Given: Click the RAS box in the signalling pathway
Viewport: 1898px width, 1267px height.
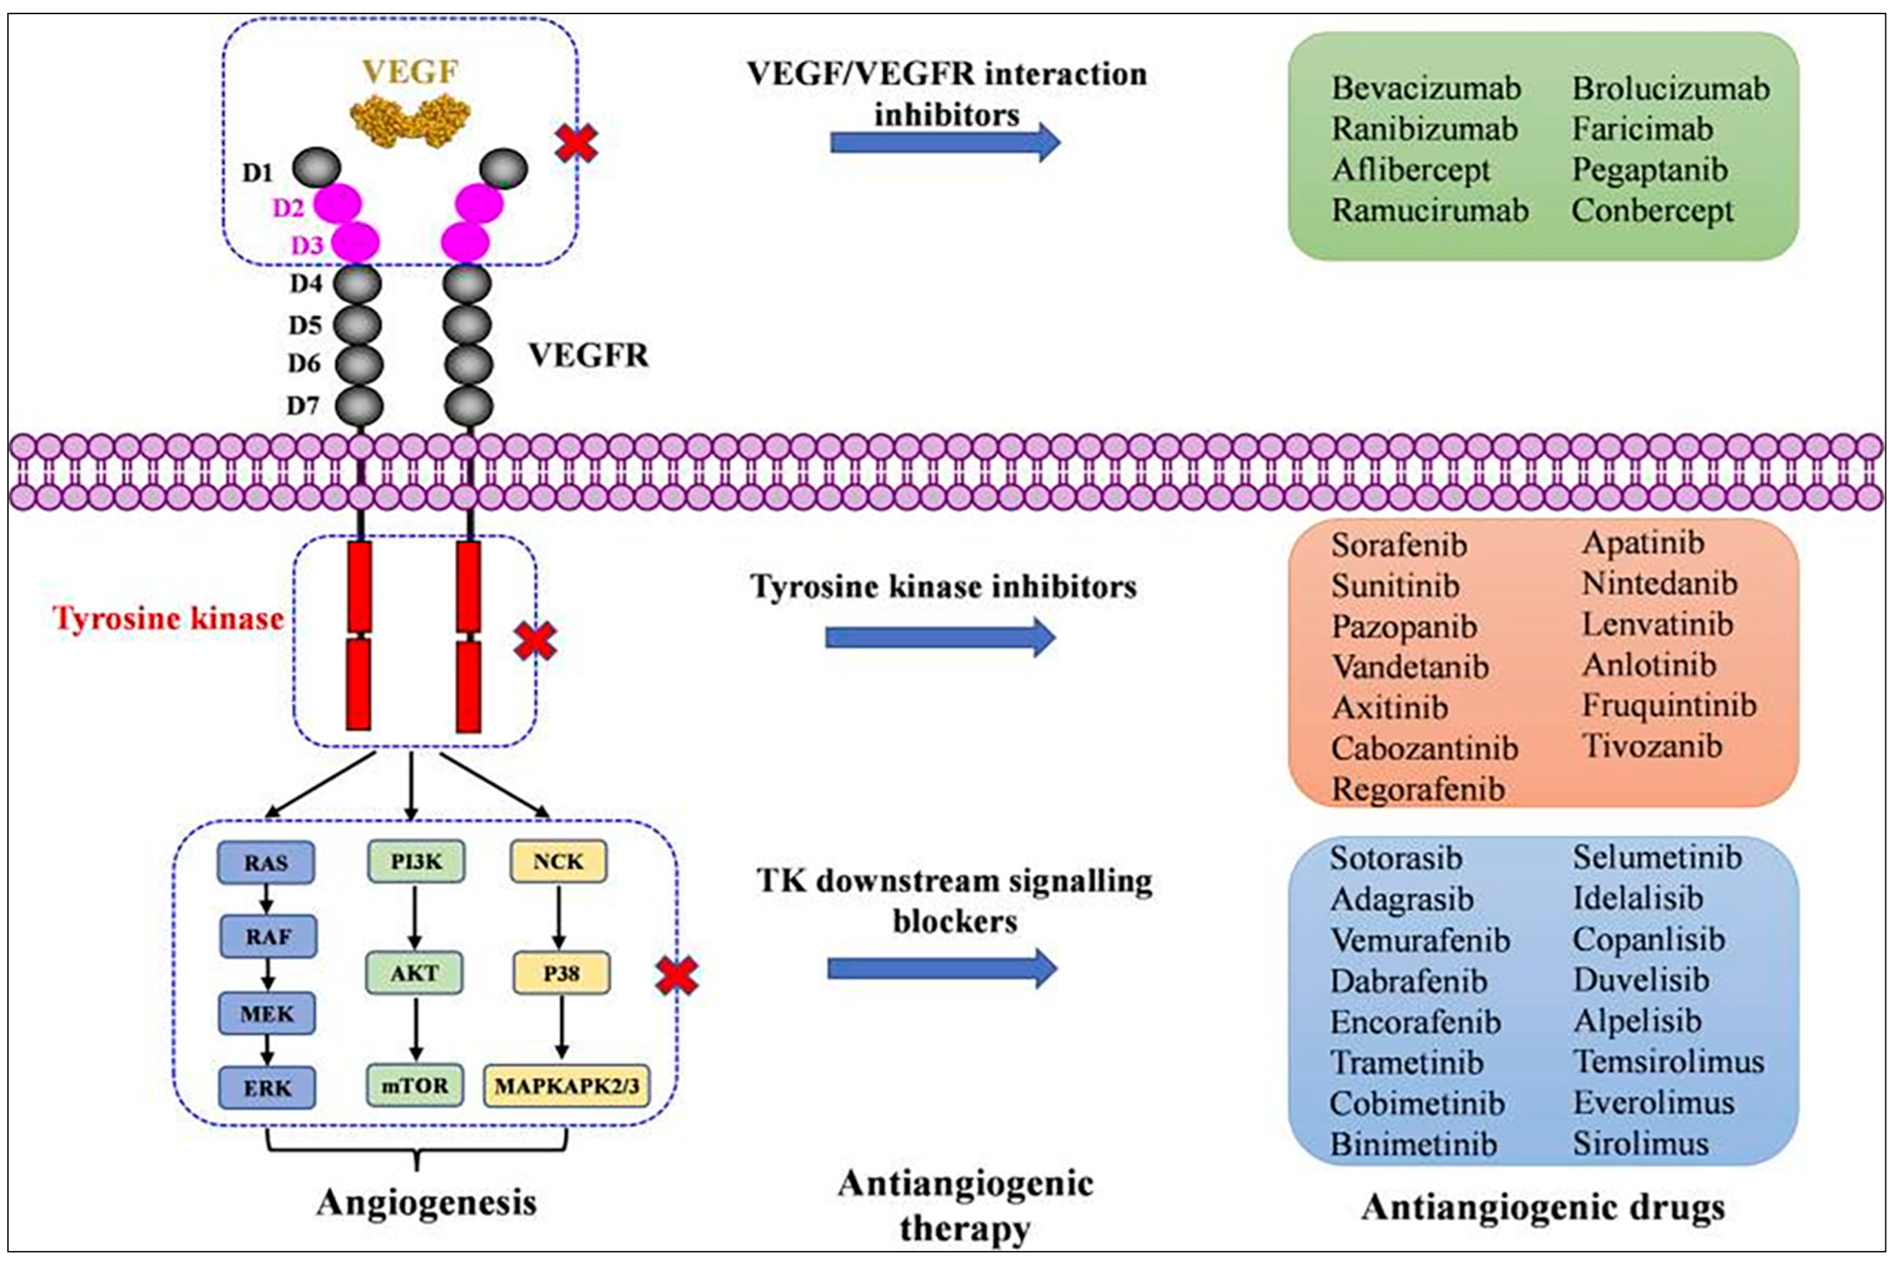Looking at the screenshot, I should [x=266, y=862].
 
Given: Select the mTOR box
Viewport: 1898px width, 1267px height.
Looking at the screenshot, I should [x=414, y=1084].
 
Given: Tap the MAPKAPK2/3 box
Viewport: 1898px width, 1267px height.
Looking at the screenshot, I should [x=567, y=1085].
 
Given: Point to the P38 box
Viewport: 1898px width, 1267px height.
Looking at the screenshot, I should [x=560, y=973].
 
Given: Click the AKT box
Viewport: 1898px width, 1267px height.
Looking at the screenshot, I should [x=414, y=973].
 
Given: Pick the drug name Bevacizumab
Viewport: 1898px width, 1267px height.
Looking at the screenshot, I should [x=1425, y=88].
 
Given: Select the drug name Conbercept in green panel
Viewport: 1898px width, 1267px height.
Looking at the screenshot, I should [x=1652, y=211].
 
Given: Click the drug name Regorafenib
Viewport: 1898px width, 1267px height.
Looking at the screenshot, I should [x=1417, y=789].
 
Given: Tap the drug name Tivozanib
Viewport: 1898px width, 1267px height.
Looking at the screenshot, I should [x=1652, y=746].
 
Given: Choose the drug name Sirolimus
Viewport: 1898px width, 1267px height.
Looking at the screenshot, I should [x=1640, y=1143].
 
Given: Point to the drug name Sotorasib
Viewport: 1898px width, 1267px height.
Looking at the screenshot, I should [x=1395, y=858].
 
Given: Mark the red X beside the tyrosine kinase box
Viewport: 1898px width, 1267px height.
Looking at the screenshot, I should [x=535, y=641].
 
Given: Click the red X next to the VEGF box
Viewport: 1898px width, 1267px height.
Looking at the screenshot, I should [x=577, y=144].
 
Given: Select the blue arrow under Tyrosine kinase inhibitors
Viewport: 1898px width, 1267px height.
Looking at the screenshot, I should [x=940, y=638].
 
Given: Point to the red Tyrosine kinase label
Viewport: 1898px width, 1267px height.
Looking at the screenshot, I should [x=168, y=619].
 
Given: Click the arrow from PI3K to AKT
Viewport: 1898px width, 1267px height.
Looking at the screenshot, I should [x=414, y=916].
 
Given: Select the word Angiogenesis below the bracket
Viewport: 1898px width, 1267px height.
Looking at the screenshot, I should [x=426, y=1202].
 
